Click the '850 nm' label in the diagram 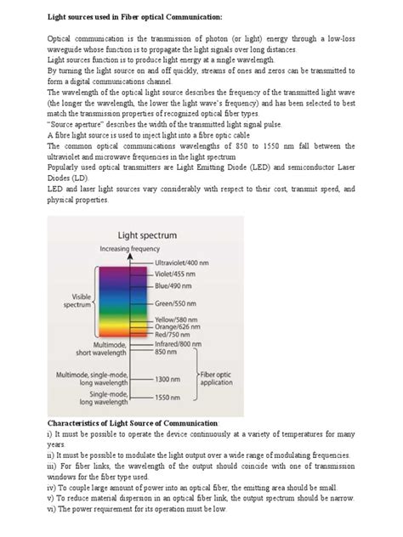[165, 353]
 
